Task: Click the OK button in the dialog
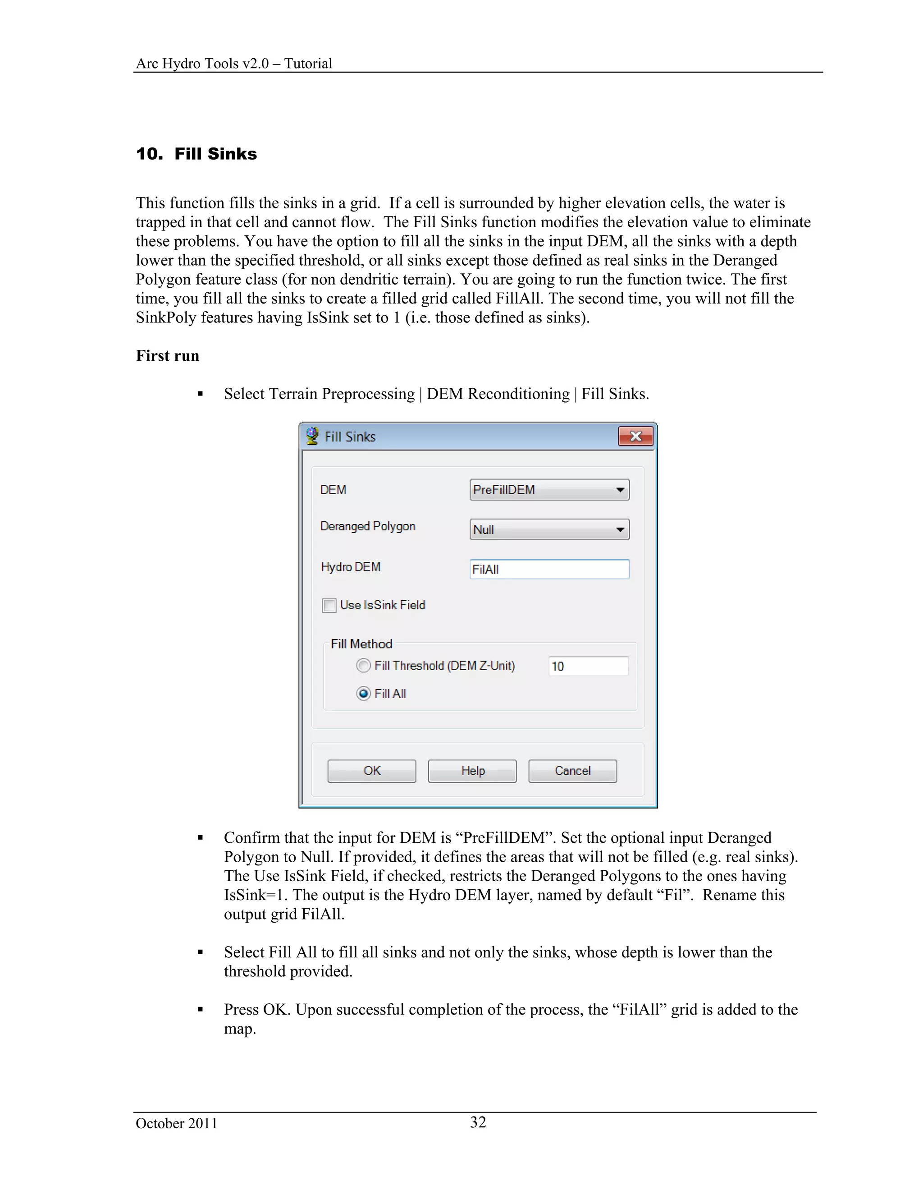click(x=371, y=771)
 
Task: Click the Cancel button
click(x=572, y=771)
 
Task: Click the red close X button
click(x=635, y=436)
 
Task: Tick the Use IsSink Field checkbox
click(x=329, y=606)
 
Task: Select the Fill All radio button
click(x=363, y=694)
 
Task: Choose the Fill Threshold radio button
click(x=363, y=666)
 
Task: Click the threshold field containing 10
click(x=588, y=666)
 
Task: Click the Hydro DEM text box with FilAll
click(x=549, y=570)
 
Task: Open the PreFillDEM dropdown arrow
click(x=620, y=490)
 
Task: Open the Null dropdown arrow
click(x=620, y=530)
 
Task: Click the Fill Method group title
click(x=361, y=644)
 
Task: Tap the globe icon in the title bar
click(x=312, y=436)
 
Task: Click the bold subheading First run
click(x=167, y=356)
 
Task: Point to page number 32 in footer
click(x=478, y=1122)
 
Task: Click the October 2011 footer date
click(x=176, y=1123)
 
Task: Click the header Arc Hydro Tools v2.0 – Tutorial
click(x=233, y=64)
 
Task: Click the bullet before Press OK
click(x=200, y=1010)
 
